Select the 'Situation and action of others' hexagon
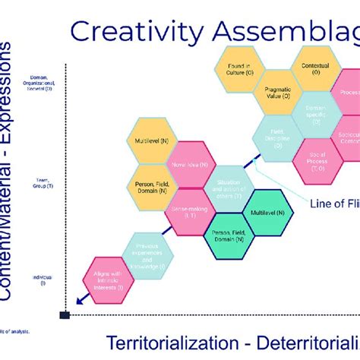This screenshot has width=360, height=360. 227,188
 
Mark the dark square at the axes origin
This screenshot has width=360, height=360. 65,314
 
